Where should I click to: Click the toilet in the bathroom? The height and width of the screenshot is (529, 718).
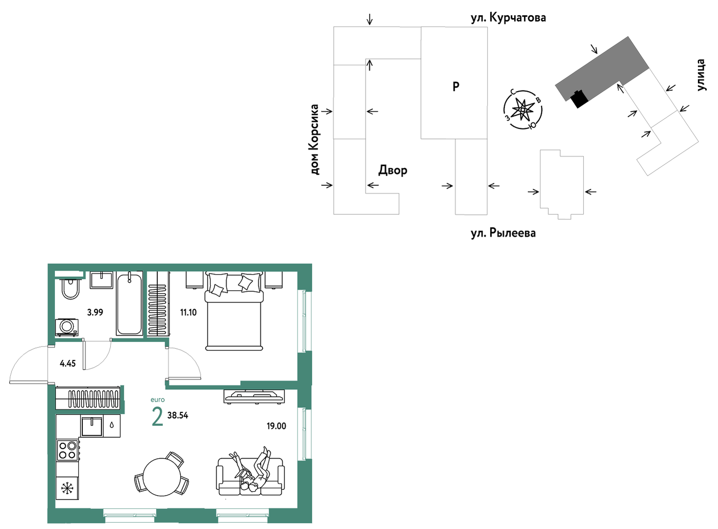pos(70,289)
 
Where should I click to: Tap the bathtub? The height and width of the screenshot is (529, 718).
pos(129,304)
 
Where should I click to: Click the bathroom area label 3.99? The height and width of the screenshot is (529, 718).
pos(95,312)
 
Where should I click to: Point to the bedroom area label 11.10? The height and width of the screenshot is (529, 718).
pos(188,312)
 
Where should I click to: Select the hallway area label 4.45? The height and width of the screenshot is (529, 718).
pos(68,364)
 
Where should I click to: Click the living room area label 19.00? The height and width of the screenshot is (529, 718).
pos(276,426)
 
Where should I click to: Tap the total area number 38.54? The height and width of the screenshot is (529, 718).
pos(178,416)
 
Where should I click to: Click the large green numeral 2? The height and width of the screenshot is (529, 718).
pos(157,417)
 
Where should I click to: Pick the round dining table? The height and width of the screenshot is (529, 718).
pos(162,478)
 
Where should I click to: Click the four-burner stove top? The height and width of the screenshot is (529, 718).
pos(68,450)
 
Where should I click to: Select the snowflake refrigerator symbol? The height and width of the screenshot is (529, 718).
pos(67,489)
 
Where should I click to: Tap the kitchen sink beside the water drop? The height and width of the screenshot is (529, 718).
pos(92,426)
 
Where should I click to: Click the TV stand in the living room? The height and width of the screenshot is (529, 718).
pos(254,396)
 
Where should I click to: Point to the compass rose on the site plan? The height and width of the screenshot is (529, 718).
pos(523,110)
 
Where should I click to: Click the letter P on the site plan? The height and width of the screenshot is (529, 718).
pos(455,86)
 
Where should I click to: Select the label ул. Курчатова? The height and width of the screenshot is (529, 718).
pos(508,18)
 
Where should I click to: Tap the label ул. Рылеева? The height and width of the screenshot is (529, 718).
pos(503,233)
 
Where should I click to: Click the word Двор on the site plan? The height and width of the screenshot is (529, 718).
pos(393,170)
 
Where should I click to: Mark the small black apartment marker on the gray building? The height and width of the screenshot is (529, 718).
pos(579,99)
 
